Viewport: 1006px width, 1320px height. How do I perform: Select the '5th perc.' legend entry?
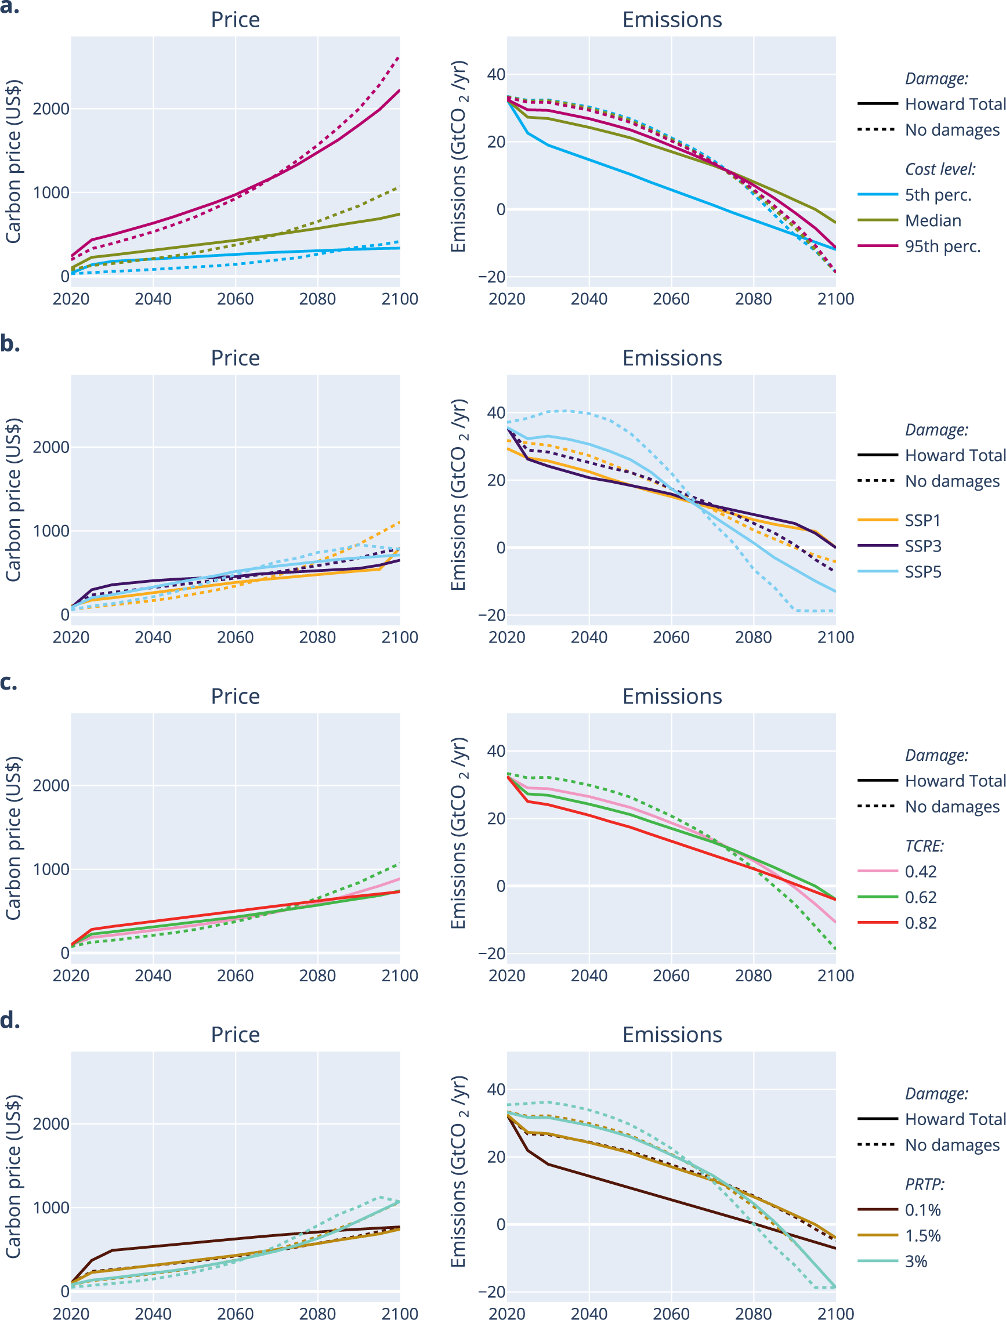(938, 195)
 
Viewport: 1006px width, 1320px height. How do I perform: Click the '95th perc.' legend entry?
(943, 246)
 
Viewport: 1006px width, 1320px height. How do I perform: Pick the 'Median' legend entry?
(933, 221)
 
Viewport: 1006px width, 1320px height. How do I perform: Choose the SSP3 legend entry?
(923, 546)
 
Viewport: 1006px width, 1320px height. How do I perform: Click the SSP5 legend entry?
(923, 572)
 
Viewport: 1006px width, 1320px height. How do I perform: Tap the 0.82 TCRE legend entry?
(920, 923)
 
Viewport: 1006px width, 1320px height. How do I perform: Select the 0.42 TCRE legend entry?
(920, 872)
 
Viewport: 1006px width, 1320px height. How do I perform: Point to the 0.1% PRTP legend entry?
(922, 1210)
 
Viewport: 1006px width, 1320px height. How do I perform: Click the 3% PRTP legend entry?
(915, 1261)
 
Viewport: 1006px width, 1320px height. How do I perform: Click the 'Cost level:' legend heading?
(940, 169)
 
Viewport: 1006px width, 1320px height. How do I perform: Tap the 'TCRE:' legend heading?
(924, 846)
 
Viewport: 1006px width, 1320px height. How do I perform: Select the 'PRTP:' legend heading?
(925, 1184)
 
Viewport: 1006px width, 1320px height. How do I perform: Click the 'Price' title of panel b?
(236, 358)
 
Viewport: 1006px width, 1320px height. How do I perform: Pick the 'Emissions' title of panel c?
(672, 696)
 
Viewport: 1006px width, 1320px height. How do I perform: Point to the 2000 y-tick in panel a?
(51, 109)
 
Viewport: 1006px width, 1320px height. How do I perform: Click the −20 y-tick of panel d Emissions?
(491, 1291)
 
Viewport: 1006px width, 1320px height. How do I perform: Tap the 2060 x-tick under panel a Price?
(236, 299)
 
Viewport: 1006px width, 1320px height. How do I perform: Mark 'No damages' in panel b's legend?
(952, 481)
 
